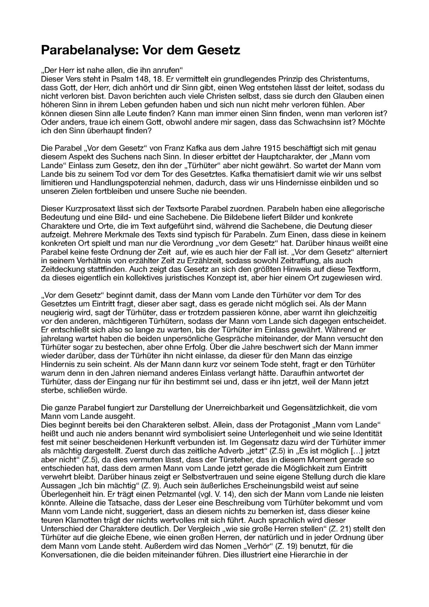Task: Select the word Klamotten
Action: pos(77,520)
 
